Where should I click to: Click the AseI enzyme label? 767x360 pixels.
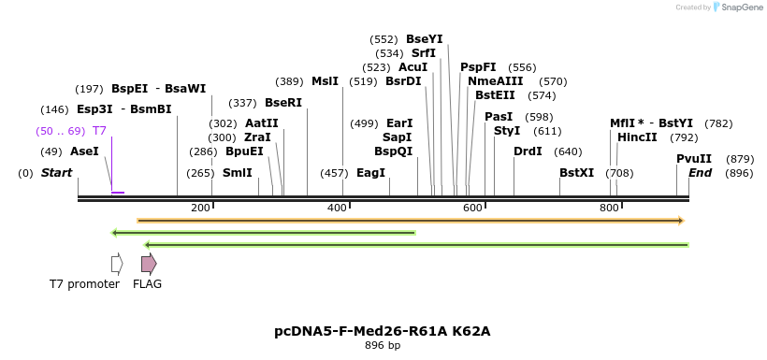(x=84, y=151)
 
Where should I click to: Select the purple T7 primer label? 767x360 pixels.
(x=99, y=130)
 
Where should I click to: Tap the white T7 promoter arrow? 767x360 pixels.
(x=117, y=264)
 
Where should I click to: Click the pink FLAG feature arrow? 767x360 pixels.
(x=148, y=264)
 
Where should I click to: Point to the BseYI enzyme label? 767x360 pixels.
(x=424, y=39)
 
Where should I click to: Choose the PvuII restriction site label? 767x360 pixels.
(x=694, y=159)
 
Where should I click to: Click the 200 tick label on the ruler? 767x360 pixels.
(x=200, y=208)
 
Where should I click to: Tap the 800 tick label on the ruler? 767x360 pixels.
(x=609, y=208)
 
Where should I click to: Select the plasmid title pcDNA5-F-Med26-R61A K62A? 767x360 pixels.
(x=382, y=331)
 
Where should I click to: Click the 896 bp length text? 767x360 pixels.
(x=382, y=346)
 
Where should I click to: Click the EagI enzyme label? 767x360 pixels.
(x=370, y=173)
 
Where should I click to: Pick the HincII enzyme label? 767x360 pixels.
(x=637, y=137)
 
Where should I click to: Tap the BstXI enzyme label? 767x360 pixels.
(x=576, y=173)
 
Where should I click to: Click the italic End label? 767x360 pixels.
(x=701, y=173)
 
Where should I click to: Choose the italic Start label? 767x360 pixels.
(x=56, y=173)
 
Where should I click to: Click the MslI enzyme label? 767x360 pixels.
(x=325, y=81)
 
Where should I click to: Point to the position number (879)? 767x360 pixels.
(x=740, y=159)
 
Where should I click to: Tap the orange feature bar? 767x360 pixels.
(x=411, y=221)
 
